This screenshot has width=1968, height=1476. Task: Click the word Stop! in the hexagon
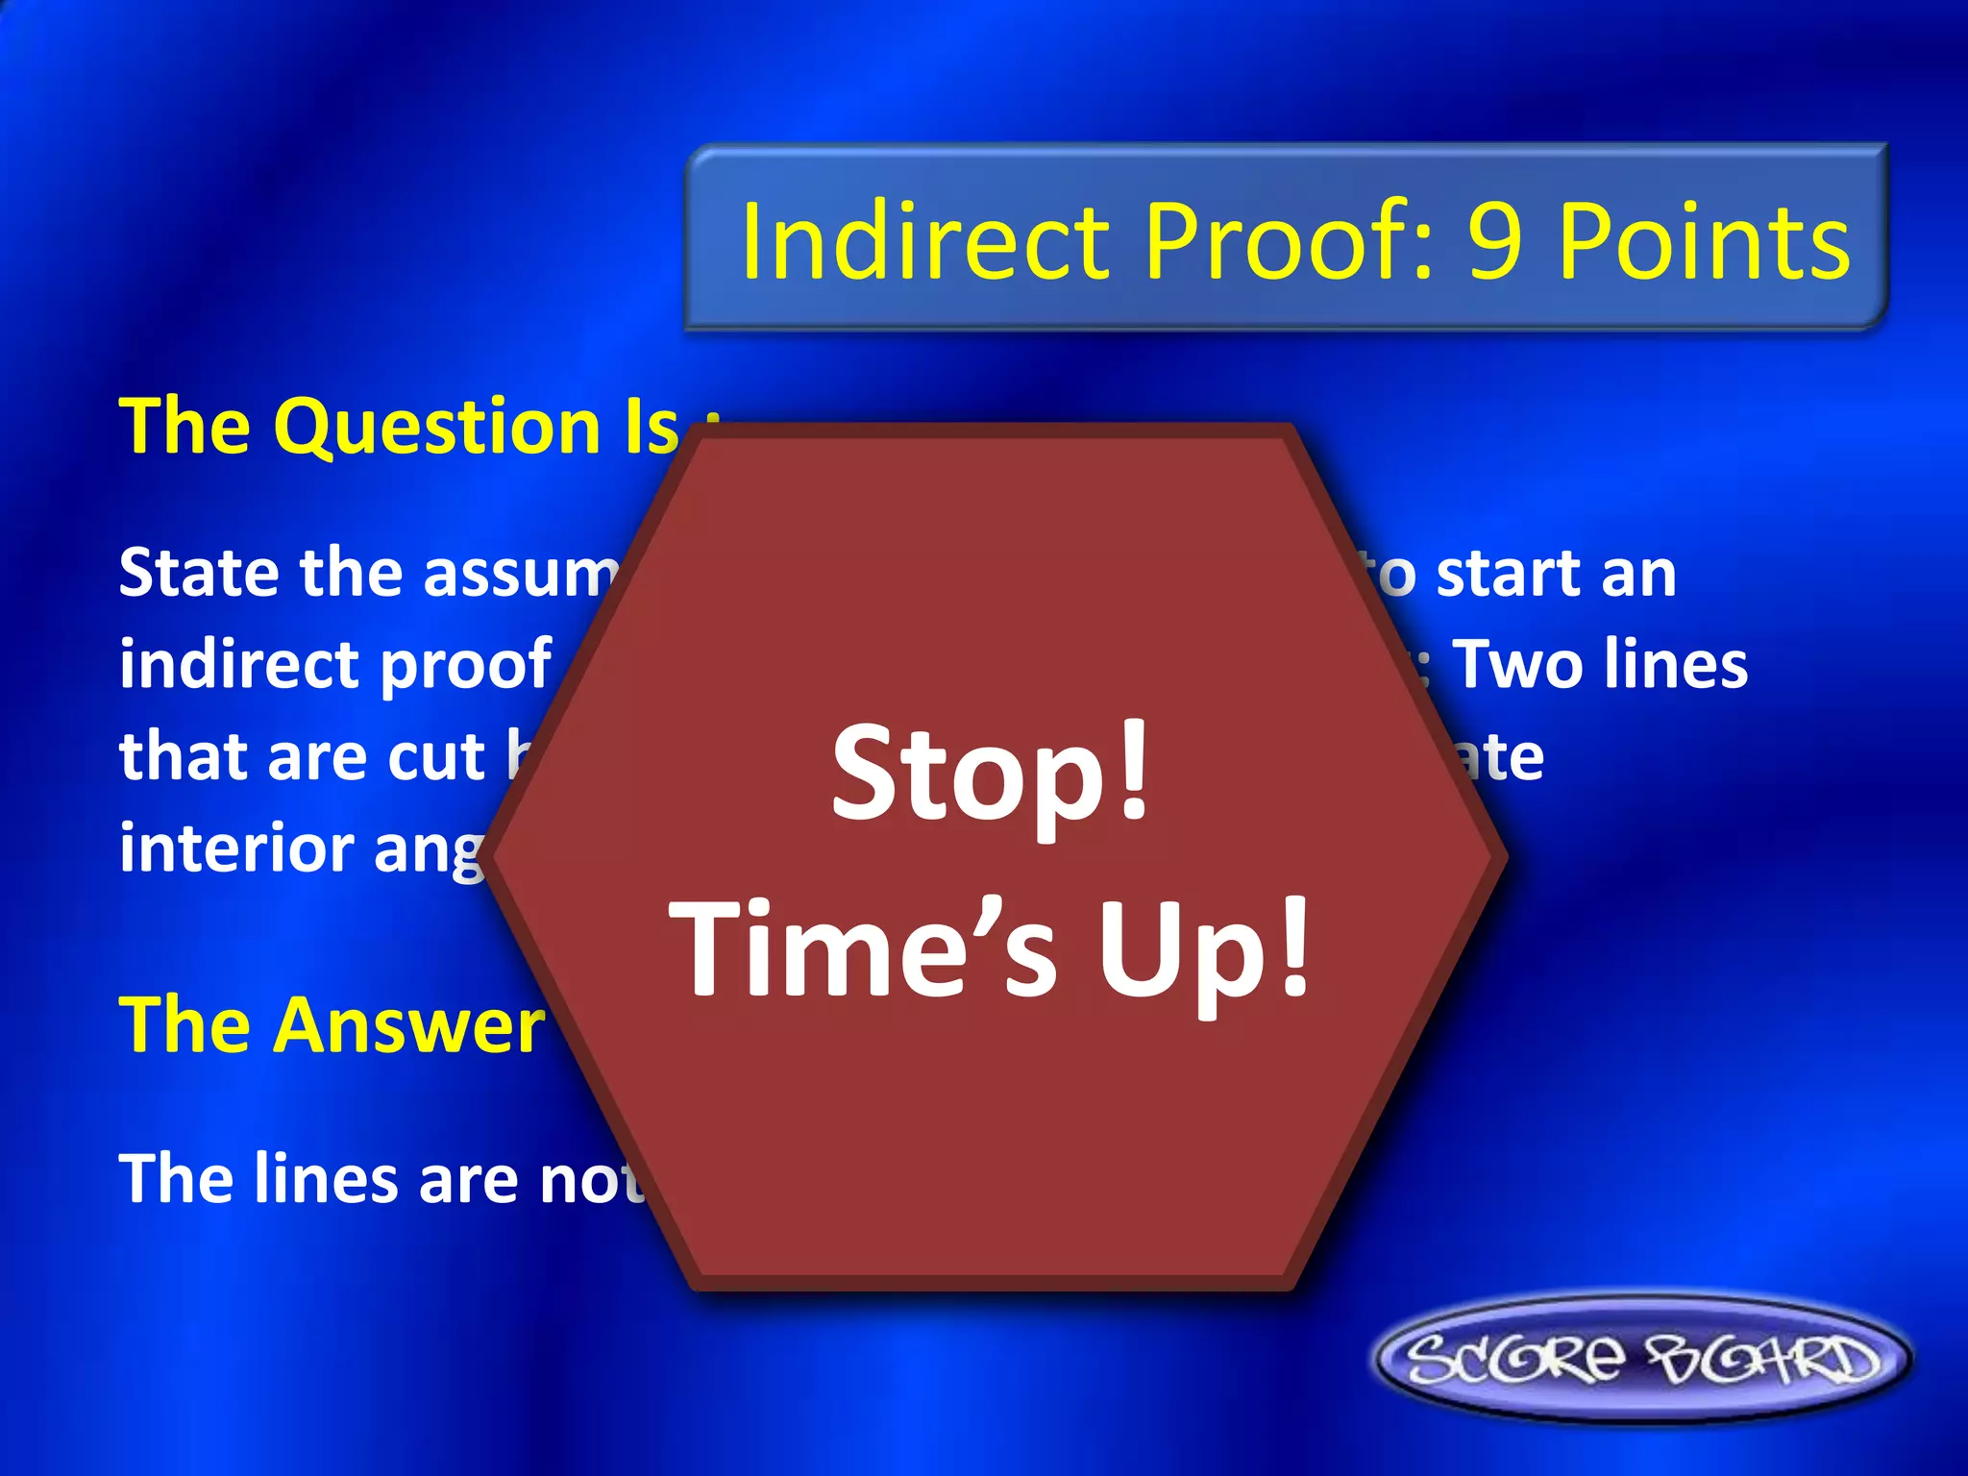click(991, 773)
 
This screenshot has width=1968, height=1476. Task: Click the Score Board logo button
click(1642, 1361)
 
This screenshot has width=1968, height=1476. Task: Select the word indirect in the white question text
click(239, 665)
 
